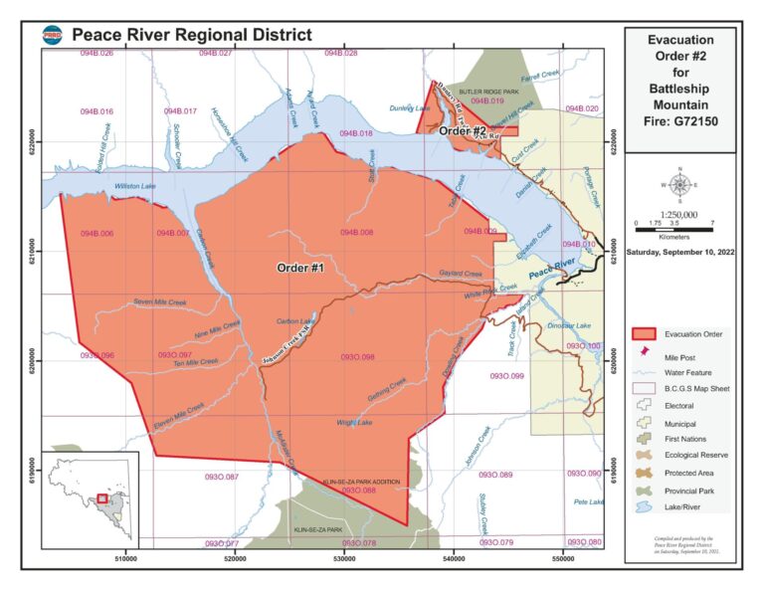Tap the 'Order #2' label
point(464,131)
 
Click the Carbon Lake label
point(294,321)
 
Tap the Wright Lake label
point(354,423)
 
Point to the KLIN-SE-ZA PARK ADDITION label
point(363,482)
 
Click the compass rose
point(680,184)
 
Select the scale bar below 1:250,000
point(674,230)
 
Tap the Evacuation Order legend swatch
point(648,333)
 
